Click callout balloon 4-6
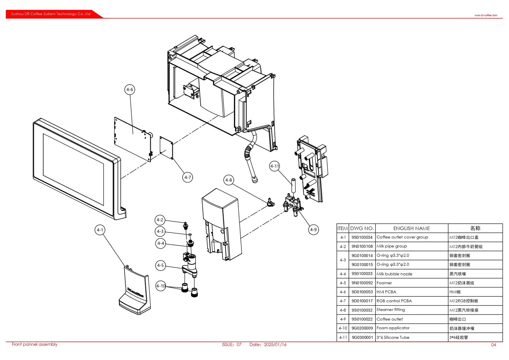[130, 90]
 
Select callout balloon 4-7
[188, 177]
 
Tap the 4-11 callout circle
[275, 166]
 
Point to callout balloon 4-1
[100, 230]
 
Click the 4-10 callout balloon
[161, 286]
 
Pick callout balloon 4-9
[313, 230]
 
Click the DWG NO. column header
[362, 228]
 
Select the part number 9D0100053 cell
[362, 292]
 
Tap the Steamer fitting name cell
[391, 310]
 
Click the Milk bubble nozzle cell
[394, 274]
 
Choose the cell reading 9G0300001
[362, 337]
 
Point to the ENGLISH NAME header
[411, 228]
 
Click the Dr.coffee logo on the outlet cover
[135, 292]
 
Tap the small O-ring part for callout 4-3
[190, 234]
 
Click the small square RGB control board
[166, 148]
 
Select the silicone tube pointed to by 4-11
[293, 186]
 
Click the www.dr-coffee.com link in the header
[486, 15]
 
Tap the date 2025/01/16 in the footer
[275, 345]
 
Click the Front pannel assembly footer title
[35, 344]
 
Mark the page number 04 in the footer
[493, 345]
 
